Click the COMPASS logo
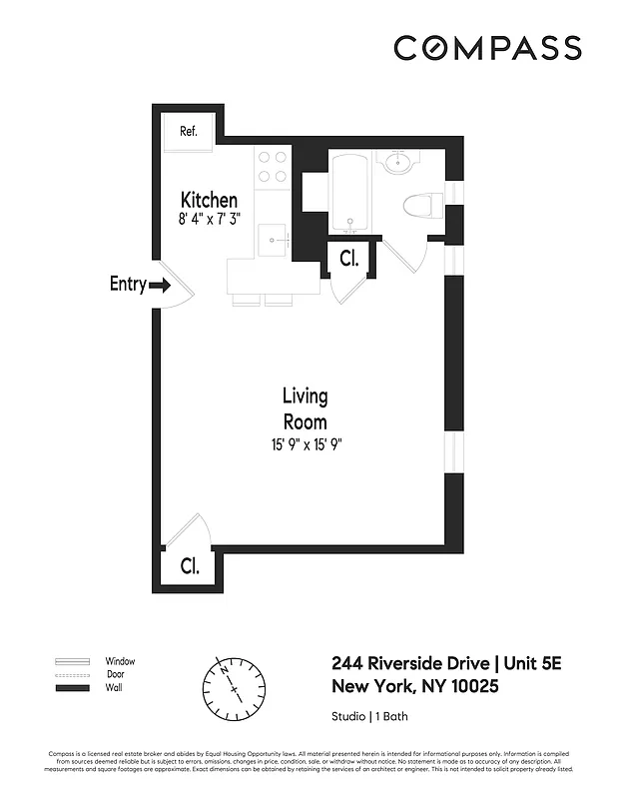[x=486, y=47]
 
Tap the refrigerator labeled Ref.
[x=188, y=132]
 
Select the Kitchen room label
[x=209, y=200]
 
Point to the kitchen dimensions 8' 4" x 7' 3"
[x=209, y=220]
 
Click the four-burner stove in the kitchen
[x=272, y=167]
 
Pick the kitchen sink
[x=271, y=239]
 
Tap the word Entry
[x=127, y=285]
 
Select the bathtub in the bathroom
[x=350, y=193]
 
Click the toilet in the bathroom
[x=422, y=207]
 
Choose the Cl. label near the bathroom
[x=348, y=259]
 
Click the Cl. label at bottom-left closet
[x=190, y=565]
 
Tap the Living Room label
[x=305, y=408]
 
